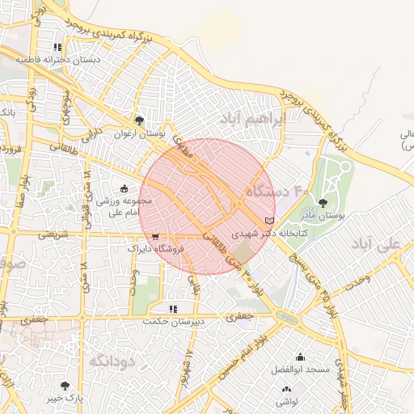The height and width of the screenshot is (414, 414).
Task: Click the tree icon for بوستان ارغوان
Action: click(141, 120)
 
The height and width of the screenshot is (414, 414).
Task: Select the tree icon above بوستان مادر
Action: click(323, 204)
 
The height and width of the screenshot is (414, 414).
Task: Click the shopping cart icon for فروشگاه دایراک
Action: click(154, 237)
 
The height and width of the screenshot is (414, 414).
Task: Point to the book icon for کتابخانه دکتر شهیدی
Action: click(269, 220)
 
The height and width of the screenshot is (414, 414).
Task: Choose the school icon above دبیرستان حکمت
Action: click(172, 308)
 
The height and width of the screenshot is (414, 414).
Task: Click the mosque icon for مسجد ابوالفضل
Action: click(301, 357)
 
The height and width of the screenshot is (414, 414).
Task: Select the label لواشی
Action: click(286, 402)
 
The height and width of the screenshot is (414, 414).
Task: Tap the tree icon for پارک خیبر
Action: click(65, 386)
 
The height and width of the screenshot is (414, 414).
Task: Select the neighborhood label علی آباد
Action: click(378, 243)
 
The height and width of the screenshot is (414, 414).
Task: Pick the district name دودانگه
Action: click(112, 360)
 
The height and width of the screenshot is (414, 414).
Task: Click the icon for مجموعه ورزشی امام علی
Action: click(124, 188)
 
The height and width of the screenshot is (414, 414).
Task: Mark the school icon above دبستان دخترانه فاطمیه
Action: click(57, 48)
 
